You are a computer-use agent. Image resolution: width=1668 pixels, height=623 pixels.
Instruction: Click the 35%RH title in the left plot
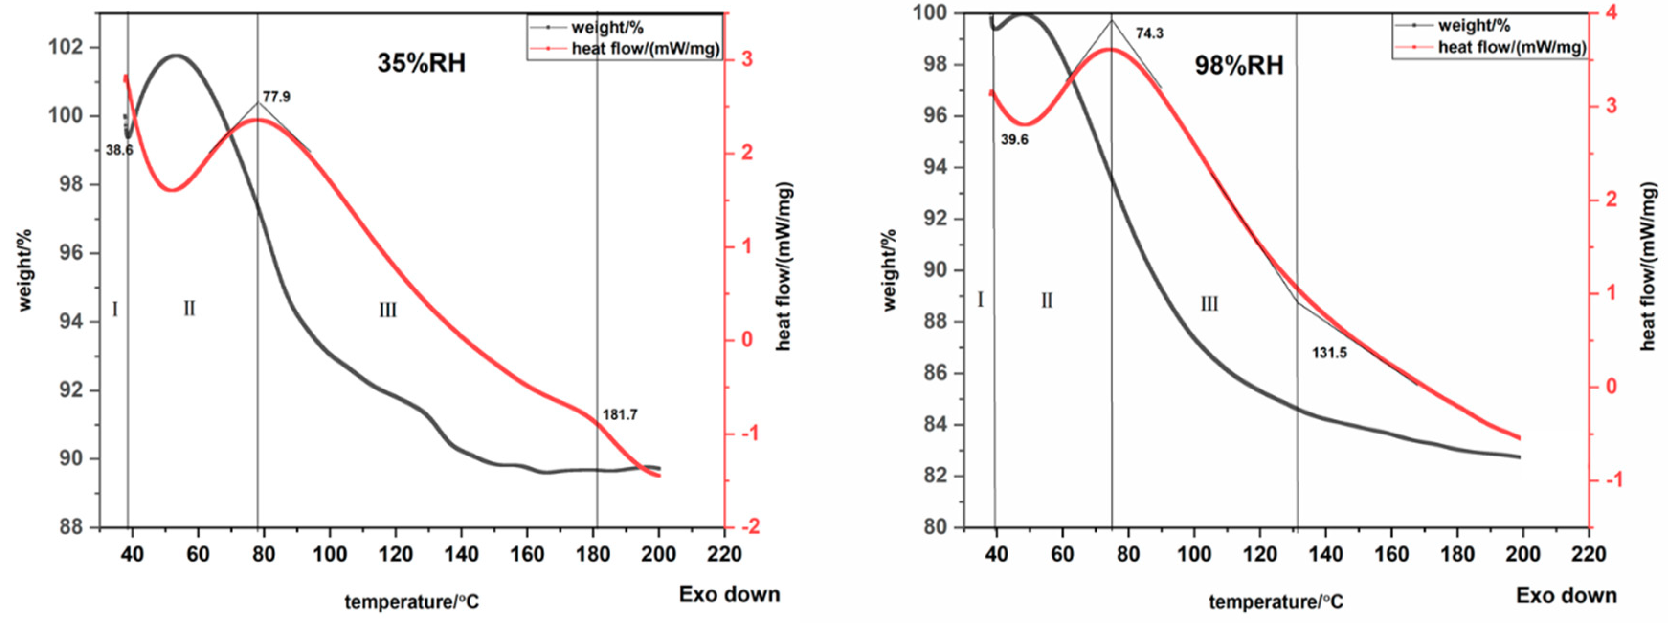click(422, 64)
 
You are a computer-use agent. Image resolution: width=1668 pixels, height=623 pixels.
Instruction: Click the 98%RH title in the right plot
click(1239, 66)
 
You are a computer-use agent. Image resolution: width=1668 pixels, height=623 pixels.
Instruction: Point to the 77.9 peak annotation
click(277, 97)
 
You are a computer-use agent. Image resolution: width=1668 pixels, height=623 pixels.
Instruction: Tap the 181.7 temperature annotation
click(620, 414)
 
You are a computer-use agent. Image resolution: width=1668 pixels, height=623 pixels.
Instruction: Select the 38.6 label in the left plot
click(119, 150)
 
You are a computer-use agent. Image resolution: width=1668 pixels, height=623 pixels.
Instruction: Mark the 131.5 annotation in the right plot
click(1329, 353)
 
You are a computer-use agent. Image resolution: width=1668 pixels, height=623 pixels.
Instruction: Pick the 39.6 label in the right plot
click(1014, 140)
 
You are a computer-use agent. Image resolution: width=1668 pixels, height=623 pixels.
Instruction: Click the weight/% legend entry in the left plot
click(607, 27)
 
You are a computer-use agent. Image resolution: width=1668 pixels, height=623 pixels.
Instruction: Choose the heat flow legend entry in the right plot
click(1511, 47)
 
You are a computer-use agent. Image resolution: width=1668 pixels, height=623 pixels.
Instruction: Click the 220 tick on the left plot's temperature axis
click(724, 555)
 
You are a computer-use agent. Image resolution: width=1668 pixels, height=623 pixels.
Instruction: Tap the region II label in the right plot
click(1046, 301)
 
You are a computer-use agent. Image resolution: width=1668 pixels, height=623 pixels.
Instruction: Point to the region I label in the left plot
click(115, 310)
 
